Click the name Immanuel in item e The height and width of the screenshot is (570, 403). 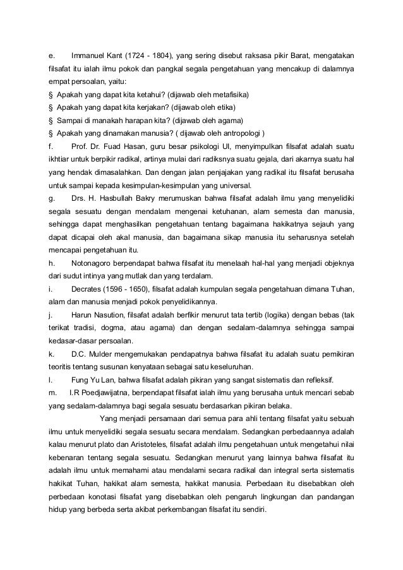pyautogui.click(x=89, y=54)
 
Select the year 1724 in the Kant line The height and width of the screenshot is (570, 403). pyautogui.click(x=137, y=54)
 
